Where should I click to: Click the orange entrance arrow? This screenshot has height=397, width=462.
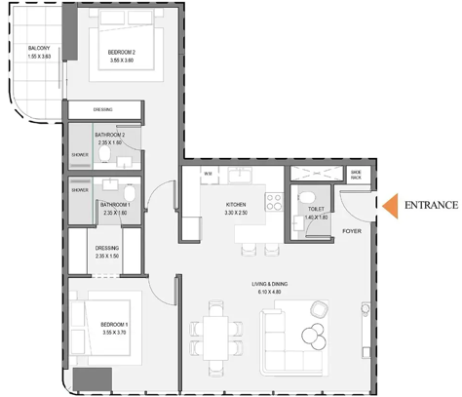[x=389, y=205]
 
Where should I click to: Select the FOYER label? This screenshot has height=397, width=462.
[x=353, y=231]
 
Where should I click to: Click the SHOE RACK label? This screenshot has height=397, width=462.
[x=357, y=175]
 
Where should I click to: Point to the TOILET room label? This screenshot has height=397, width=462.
[x=316, y=208]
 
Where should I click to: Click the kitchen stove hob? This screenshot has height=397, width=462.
[x=275, y=202]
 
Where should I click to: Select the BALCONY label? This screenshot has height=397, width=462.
[x=40, y=48]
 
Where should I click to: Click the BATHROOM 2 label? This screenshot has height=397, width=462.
[x=110, y=135]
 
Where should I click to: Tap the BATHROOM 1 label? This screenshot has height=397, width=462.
[x=115, y=204]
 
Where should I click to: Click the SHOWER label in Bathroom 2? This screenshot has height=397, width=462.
[x=79, y=154]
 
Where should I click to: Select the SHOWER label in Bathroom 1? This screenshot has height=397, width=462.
[x=79, y=190]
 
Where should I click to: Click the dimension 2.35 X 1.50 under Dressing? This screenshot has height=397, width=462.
[x=107, y=257]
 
